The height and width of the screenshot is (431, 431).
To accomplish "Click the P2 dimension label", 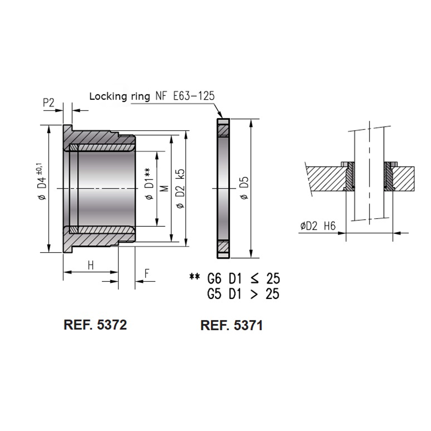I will (48, 103).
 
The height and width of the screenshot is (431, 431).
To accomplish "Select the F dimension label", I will (146, 273).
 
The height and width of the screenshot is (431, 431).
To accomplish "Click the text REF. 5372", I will (95, 325).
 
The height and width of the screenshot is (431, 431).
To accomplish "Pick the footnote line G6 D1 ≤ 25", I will (243, 279).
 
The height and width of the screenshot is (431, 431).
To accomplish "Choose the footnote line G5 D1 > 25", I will (243, 294).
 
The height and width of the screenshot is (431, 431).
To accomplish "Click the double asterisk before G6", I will (194, 278).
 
